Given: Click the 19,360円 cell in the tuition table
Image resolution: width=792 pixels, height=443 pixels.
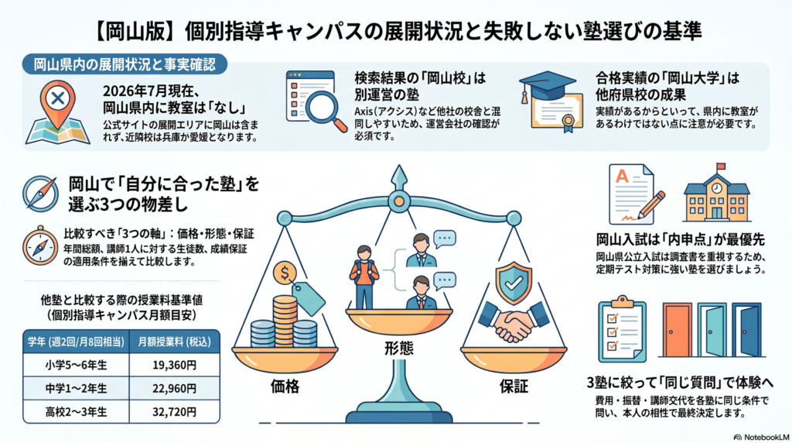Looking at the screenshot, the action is click(x=174, y=365).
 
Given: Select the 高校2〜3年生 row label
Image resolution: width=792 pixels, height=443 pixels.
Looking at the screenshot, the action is click(x=76, y=412).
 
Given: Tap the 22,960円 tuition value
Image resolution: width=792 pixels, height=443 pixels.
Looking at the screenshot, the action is click(x=174, y=388).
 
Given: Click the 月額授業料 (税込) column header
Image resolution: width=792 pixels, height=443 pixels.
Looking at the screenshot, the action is click(x=174, y=342).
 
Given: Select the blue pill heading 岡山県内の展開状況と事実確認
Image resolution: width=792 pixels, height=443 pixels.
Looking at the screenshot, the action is click(x=125, y=65).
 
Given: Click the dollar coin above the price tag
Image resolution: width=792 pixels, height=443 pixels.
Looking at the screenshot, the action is click(x=285, y=273).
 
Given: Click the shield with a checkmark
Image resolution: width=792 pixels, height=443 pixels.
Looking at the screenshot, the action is click(x=514, y=283).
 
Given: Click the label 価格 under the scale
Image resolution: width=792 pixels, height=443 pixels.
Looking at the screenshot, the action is click(x=285, y=387).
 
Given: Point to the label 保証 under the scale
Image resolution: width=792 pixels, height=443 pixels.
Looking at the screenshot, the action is click(x=514, y=387).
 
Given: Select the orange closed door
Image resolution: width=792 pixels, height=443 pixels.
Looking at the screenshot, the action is click(x=677, y=330).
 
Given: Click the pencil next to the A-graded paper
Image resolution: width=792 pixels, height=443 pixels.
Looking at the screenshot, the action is click(x=651, y=205).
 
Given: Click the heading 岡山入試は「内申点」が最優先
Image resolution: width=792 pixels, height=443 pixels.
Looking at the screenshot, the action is click(x=681, y=239).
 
